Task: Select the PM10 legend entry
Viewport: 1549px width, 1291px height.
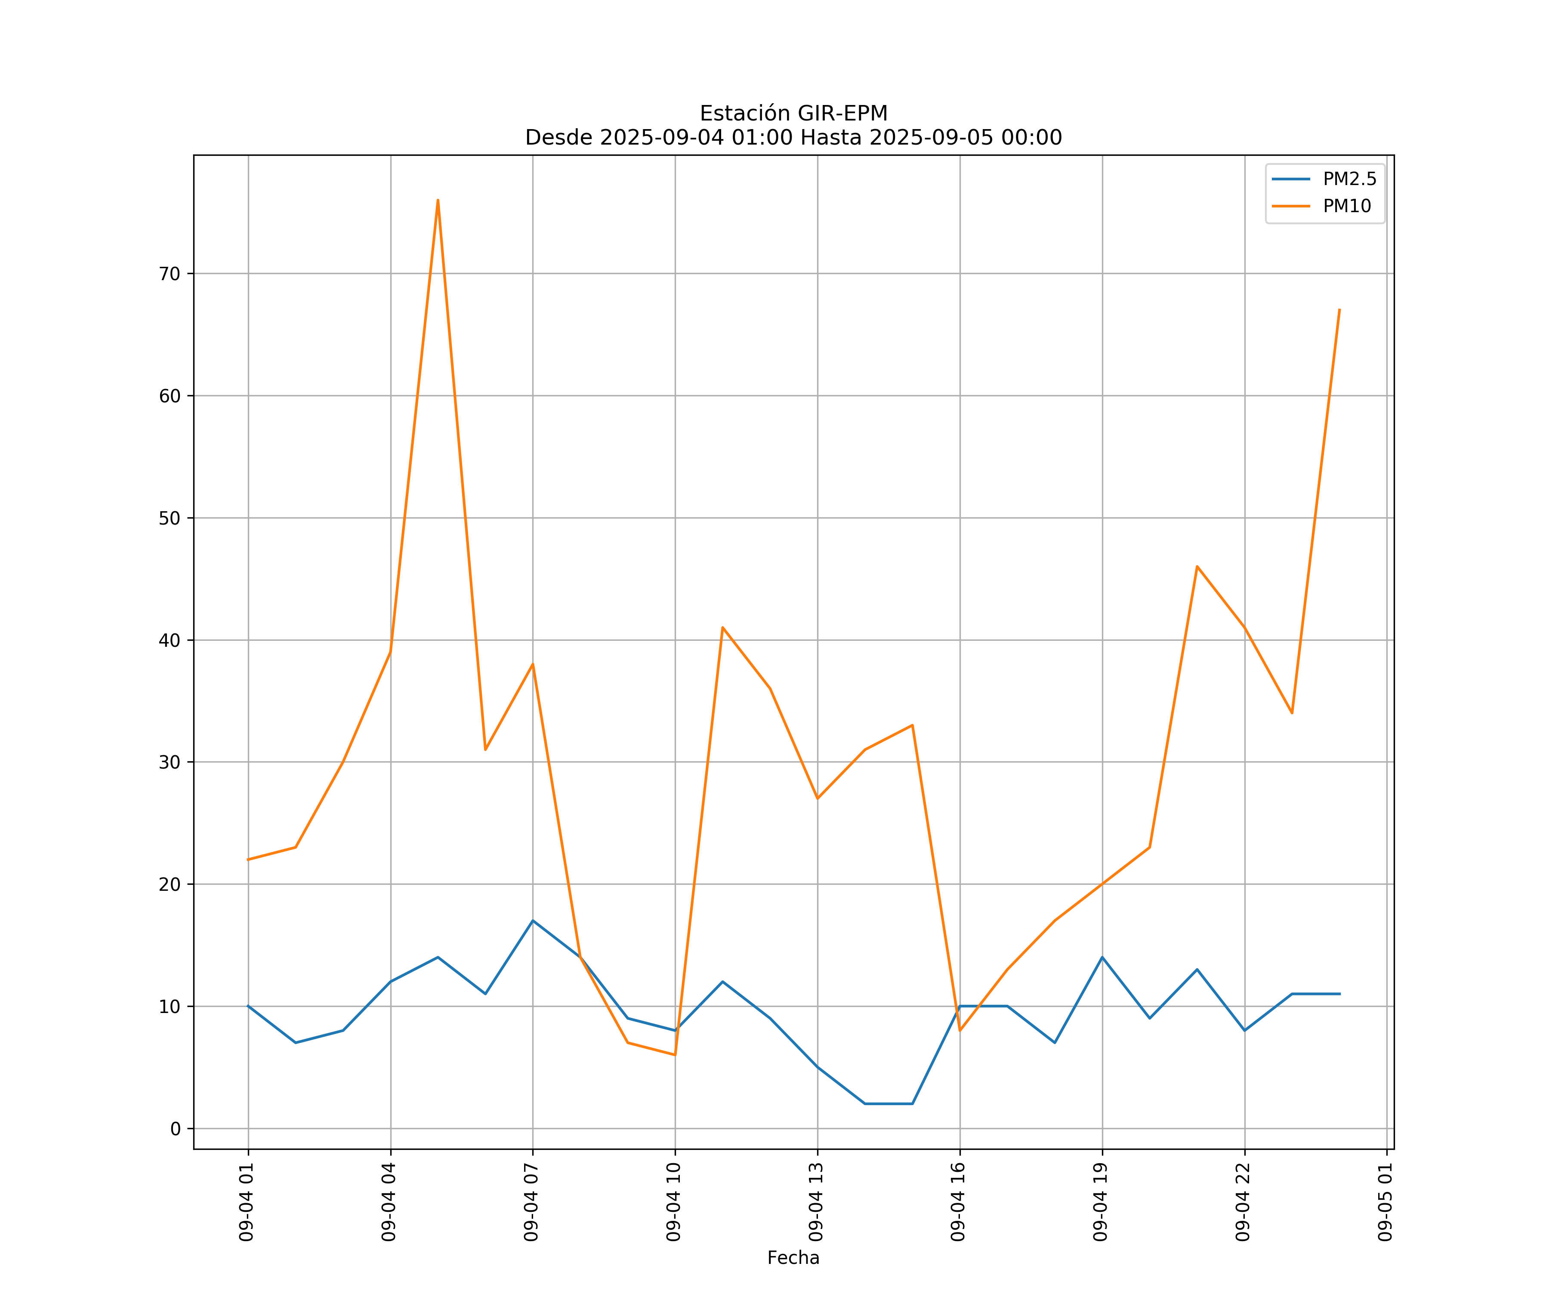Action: coord(1347,207)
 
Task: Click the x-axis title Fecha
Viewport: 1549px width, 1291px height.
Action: coord(793,1258)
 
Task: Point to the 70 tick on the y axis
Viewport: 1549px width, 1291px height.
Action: coord(170,274)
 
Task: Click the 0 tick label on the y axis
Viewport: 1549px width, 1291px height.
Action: coord(176,1129)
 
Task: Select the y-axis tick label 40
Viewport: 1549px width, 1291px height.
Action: coord(170,640)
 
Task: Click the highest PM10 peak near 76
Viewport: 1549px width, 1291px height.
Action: coord(438,200)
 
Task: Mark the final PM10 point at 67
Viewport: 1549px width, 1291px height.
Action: coord(1339,310)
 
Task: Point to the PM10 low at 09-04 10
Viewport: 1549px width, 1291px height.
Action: coord(675,1055)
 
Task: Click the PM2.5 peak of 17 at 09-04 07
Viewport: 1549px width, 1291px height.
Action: coord(533,920)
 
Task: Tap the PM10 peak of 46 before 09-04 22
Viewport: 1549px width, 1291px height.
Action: coord(1197,567)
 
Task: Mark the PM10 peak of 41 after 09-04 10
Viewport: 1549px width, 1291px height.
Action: coord(723,628)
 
